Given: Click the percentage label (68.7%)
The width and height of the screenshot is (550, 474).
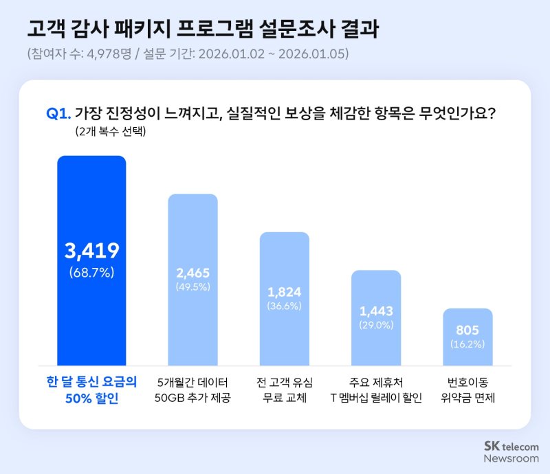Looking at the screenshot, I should tap(91, 273).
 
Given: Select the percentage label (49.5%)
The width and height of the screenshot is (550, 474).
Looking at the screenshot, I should tap(192, 286).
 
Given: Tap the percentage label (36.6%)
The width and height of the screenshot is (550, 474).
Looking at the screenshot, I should tap(284, 306).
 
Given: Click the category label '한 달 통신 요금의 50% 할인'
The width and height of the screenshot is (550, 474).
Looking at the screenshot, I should tap(91, 390).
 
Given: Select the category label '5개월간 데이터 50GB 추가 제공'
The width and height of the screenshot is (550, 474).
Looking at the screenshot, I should tap(192, 390).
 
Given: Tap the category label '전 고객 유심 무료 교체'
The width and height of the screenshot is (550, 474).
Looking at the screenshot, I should tap(284, 390).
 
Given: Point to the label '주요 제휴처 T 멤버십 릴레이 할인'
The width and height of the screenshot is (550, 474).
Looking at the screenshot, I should tap(376, 390).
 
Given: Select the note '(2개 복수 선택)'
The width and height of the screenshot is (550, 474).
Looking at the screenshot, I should tap(110, 132).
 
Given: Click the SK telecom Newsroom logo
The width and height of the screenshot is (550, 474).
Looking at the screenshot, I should tap(511, 451).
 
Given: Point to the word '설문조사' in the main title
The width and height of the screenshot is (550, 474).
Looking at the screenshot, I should tap(293, 29).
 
